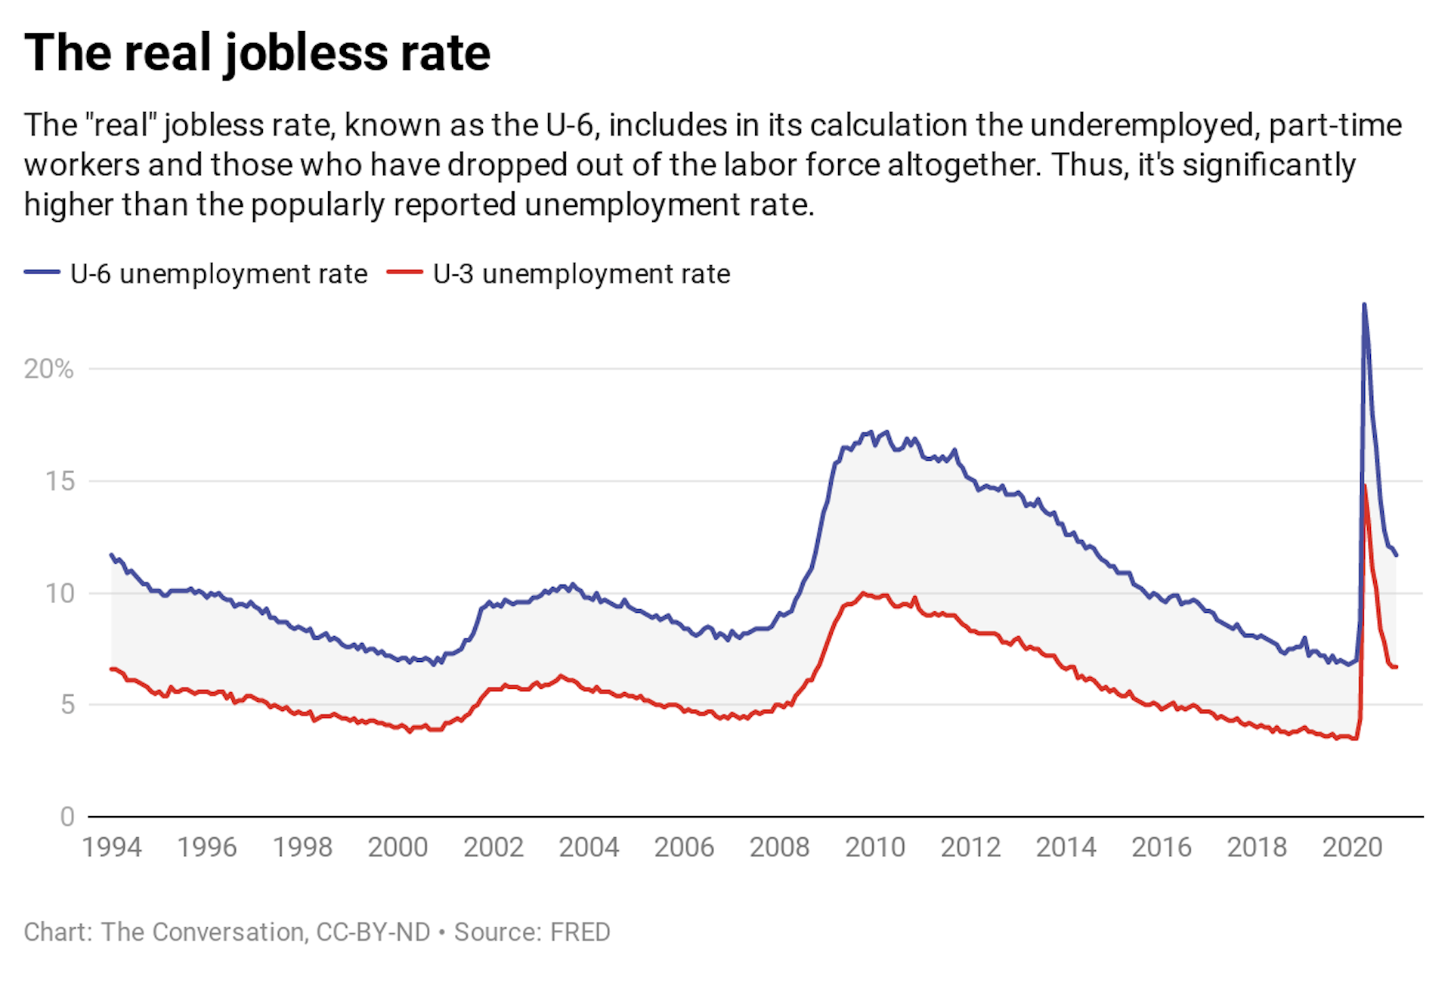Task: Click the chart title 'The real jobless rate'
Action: coord(257,53)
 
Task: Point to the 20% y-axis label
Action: coord(48,369)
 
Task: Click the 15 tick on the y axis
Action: coord(60,481)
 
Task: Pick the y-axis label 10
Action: coord(60,593)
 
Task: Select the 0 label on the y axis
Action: coord(67,817)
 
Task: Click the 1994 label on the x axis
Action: coord(112,847)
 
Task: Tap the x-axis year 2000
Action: coord(398,847)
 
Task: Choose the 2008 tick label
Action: coord(779,847)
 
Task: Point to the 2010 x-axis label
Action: coord(874,847)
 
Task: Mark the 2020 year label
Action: coord(1352,847)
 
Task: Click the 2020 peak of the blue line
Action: coord(1364,304)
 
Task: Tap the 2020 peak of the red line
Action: coord(1364,486)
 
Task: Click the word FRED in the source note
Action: coord(580,932)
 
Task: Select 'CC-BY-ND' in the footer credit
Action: coord(373,932)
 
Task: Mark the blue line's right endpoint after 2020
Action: coord(1397,555)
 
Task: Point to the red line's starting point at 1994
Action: coord(112,669)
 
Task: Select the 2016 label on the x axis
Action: coord(1161,847)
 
